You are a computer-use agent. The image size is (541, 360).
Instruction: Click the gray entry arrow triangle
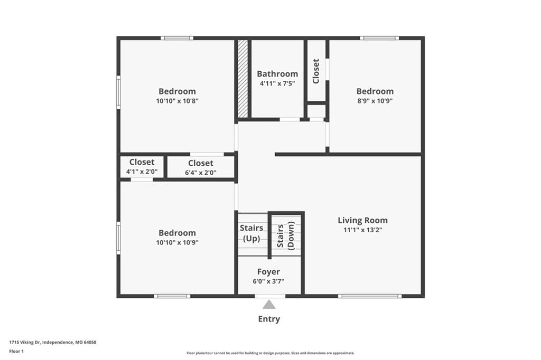click(x=269, y=305)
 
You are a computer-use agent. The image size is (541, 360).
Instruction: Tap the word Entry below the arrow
click(x=269, y=319)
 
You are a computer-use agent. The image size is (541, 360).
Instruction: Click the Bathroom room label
click(x=277, y=74)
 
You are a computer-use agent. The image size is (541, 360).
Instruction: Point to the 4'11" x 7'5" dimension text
click(x=277, y=83)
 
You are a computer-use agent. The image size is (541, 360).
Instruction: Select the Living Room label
click(x=362, y=220)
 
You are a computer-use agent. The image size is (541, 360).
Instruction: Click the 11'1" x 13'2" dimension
click(x=362, y=230)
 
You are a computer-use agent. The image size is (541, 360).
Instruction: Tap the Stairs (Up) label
click(x=251, y=233)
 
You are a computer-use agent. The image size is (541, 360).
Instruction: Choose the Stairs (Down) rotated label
click(x=286, y=236)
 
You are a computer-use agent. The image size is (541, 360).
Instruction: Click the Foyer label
click(x=268, y=272)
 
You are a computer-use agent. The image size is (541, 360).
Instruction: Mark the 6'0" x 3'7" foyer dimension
click(x=268, y=281)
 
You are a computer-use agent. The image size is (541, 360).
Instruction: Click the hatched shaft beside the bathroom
click(x=243, y=79)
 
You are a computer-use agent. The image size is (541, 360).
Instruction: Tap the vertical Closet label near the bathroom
click(x=316, y=71)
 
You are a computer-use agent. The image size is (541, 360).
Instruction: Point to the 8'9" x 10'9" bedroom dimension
click(x=375, y=101)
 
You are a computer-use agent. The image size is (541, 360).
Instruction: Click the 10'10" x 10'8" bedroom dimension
click(x=178, y=101)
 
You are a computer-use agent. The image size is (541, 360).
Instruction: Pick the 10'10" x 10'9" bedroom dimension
click(x=178, y=242)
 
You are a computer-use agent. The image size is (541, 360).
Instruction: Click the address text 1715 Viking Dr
click(x=25, y=343)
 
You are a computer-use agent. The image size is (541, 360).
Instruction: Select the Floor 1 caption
click(x=16, y=352)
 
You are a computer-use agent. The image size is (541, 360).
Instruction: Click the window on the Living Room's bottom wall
click(x=370, y=296)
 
